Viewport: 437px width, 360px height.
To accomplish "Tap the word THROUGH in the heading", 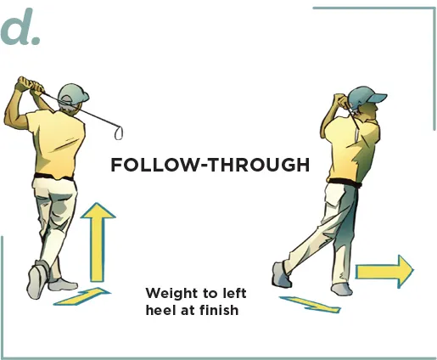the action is click(x=259, y=165).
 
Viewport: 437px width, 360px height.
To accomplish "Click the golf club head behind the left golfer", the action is click(x=119, y=133).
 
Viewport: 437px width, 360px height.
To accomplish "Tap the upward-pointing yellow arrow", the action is click(x=98, y=243).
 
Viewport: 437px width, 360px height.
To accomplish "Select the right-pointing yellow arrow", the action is click(x=384, y=272).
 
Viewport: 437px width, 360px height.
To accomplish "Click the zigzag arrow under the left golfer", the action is click(x=82, y=296).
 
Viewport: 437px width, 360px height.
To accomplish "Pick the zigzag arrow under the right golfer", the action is click(x=311, y=304).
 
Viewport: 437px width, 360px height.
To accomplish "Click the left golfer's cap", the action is click(x=73, y=93).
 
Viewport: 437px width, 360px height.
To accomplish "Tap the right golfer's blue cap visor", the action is click(x=378, y=98).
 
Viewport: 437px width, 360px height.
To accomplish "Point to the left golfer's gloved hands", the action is click(x=30, y=84).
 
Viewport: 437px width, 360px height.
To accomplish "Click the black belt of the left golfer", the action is click(x=53, y=177).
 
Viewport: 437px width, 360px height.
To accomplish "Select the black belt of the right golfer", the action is click(x=345, y=183).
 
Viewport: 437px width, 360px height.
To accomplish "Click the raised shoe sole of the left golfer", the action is click(x=36, y=281).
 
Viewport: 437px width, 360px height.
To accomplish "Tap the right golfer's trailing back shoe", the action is click(x=282, y=274).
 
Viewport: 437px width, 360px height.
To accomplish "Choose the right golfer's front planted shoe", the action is click(x=342, y=290).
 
